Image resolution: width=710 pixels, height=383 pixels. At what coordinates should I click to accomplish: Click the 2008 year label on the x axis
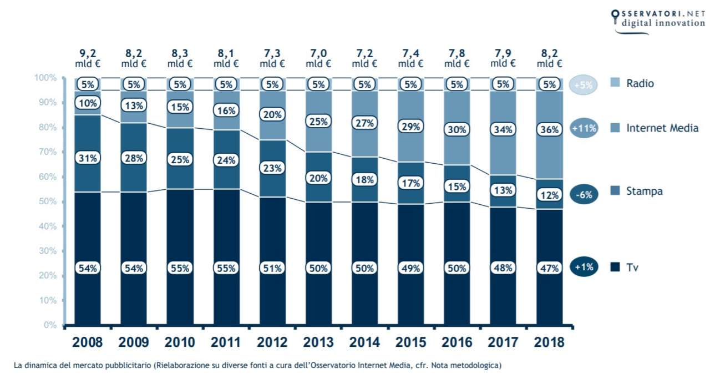tap(88, 341)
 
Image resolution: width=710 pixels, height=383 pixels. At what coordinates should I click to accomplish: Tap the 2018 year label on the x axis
tap(549, 341)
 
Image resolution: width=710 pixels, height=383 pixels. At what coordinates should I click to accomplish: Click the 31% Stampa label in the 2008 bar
tap(88, 158)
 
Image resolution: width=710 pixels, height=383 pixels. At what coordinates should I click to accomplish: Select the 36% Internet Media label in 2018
tap(549, 129)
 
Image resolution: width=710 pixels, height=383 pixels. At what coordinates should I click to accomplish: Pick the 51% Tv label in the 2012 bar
tap(272, 268)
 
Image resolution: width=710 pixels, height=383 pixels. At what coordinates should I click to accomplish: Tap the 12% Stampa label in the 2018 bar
tap(549, 195)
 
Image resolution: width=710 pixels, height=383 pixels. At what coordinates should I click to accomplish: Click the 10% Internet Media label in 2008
tap(88, 103)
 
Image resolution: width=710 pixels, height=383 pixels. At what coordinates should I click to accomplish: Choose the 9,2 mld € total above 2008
tap(88, 59)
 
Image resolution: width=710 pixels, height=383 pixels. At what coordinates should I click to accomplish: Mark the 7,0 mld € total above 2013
tap(318, 59)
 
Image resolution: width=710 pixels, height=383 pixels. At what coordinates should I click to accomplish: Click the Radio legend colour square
tap(614, 83)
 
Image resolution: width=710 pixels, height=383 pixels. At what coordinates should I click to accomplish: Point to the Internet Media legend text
tap(662, 129)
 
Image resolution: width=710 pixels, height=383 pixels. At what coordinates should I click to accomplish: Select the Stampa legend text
tap(645, 191)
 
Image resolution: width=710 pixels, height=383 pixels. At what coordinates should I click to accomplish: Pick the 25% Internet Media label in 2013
tap(318, 121)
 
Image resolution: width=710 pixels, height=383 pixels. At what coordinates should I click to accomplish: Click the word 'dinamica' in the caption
tap(44, 365)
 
